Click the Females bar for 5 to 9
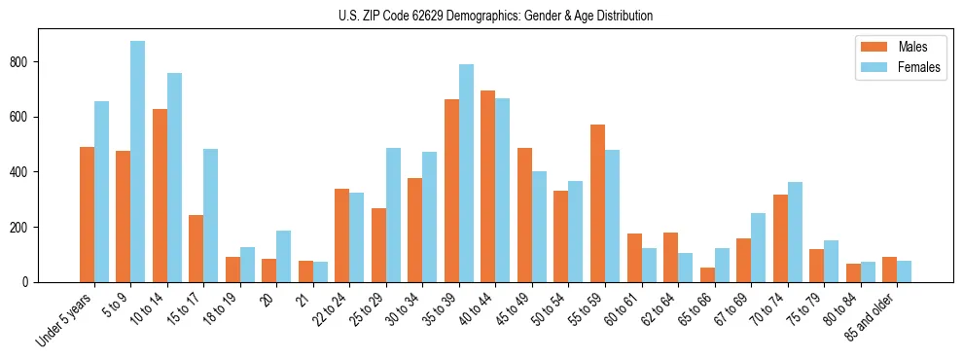pyautogui.click(x=138, y=162)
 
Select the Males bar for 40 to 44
pyautogui.click(x=488, y=186)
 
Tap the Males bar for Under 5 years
pyautogui.click(x=87, y=214)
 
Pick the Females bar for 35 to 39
pyautogui.click(x=466, y=173)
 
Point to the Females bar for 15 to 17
pyautogui.click(x=211, y=215)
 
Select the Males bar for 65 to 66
pyautogui.click(x=707, y=274)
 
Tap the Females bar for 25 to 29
pyautogui.click(x=393, y=215)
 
